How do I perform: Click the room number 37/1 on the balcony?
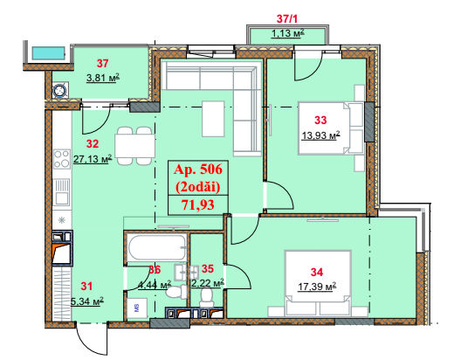[x=287, y=19]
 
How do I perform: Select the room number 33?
[x=320, y=120]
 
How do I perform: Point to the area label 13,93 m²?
[x=320, y=135]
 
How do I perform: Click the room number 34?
[x=317, y=272]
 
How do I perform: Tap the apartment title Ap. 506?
[x=198, y=170]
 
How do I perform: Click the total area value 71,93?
[x=198, y=204]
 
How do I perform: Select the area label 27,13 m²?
[x=93, y=159]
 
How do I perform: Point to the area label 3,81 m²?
[x=103, y=78]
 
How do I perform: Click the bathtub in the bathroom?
[x=157, y=247]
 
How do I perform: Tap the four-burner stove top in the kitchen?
[x=62, y=159]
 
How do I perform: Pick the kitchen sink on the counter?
[x=62, y=192]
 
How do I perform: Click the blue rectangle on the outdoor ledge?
[x=48, y=53]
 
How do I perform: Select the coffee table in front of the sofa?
[x=213, y=119]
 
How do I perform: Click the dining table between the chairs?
[x=134, y=146]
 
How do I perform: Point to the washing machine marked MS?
[x=137, y=308]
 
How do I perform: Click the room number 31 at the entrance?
[x=86, y=286]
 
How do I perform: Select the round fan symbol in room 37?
[x=60, y=90]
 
